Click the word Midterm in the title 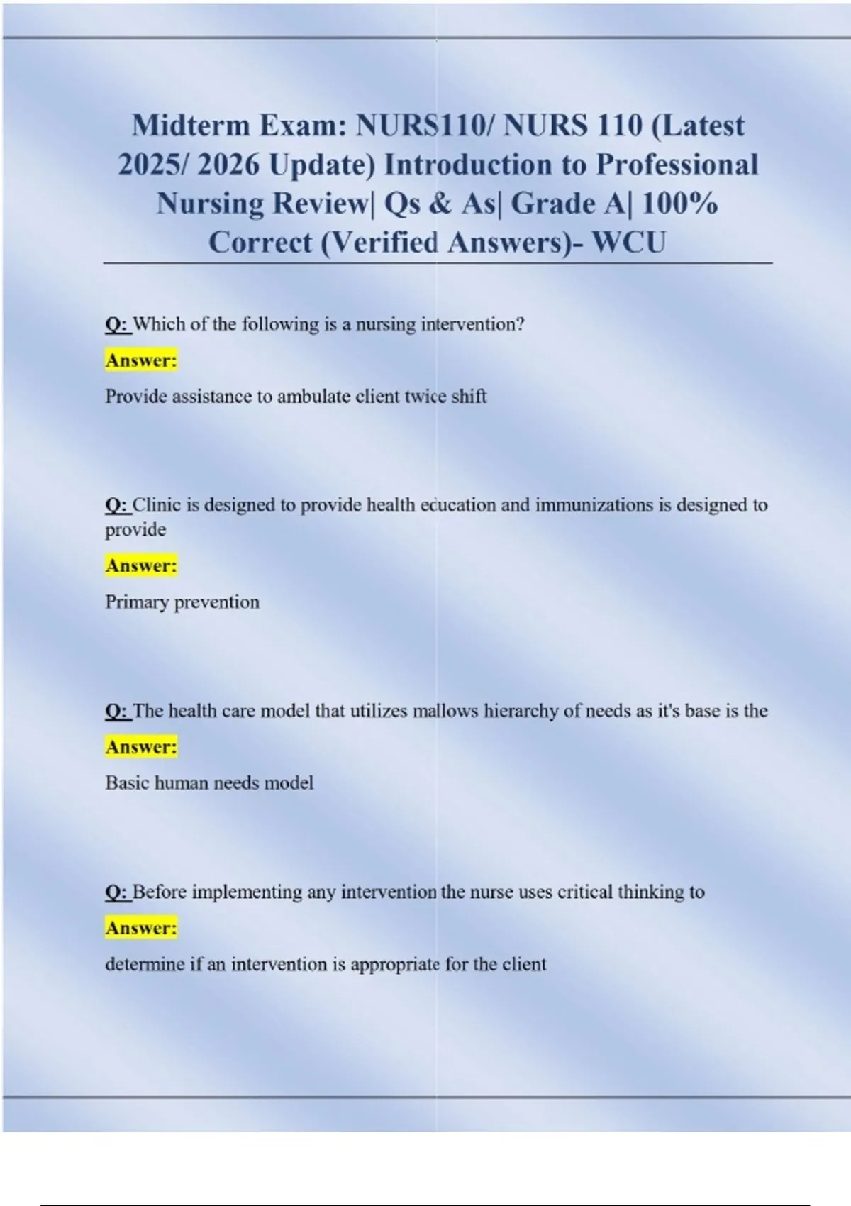click(x=190, y=126)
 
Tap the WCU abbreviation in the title click(x=629, y=243)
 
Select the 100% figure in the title click(x=681, y=204)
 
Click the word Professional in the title click(x=677, y=165)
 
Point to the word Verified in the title click(x=383, y=243)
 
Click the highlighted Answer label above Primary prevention click(x=141, y=565)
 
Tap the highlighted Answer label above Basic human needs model click(x=141, y=746)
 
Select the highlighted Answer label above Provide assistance click(x=141, y=360)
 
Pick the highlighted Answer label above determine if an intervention click(x=141, y=927)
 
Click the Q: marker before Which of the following click(x=117, y=324)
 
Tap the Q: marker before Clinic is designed click(x=117, y=505)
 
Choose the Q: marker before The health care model click(x=117, y=711)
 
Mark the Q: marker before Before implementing click(x=117, y=892)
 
